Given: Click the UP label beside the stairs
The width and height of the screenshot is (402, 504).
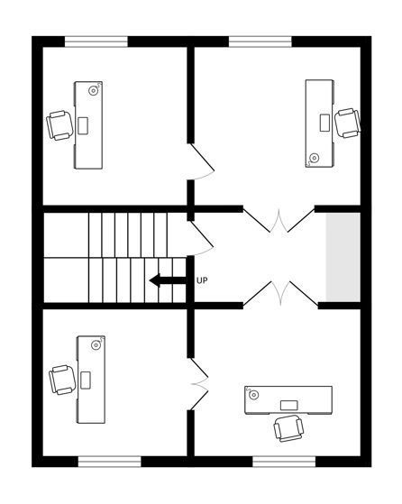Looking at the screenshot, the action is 202,280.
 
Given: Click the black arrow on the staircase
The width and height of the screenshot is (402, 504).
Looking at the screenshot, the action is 168,280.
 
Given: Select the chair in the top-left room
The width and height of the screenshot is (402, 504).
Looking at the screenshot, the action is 59,125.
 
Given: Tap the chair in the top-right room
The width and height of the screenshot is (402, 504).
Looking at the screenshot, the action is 347,124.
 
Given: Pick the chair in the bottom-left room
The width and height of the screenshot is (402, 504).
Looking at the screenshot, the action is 62,380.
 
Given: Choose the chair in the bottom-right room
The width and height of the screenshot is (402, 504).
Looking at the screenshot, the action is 288,428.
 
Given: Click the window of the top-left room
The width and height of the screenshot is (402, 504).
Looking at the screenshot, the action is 96,41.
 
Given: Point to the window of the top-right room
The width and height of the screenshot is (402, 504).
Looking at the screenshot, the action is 260,41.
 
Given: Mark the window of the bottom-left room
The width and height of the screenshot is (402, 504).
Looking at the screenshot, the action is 110,462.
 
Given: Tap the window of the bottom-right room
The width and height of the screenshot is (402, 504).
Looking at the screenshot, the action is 285,462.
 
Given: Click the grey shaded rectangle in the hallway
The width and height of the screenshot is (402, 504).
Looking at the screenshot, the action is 343,257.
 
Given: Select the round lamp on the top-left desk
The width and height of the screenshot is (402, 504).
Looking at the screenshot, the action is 94,90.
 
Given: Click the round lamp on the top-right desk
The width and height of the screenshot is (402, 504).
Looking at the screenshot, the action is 314,158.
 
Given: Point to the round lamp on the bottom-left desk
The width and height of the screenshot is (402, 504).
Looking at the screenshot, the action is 96,345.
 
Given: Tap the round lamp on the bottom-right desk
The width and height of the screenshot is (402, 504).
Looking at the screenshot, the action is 254,395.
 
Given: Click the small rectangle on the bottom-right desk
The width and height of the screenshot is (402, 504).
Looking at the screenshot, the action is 289,405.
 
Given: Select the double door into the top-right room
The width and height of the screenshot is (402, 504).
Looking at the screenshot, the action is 279,221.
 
